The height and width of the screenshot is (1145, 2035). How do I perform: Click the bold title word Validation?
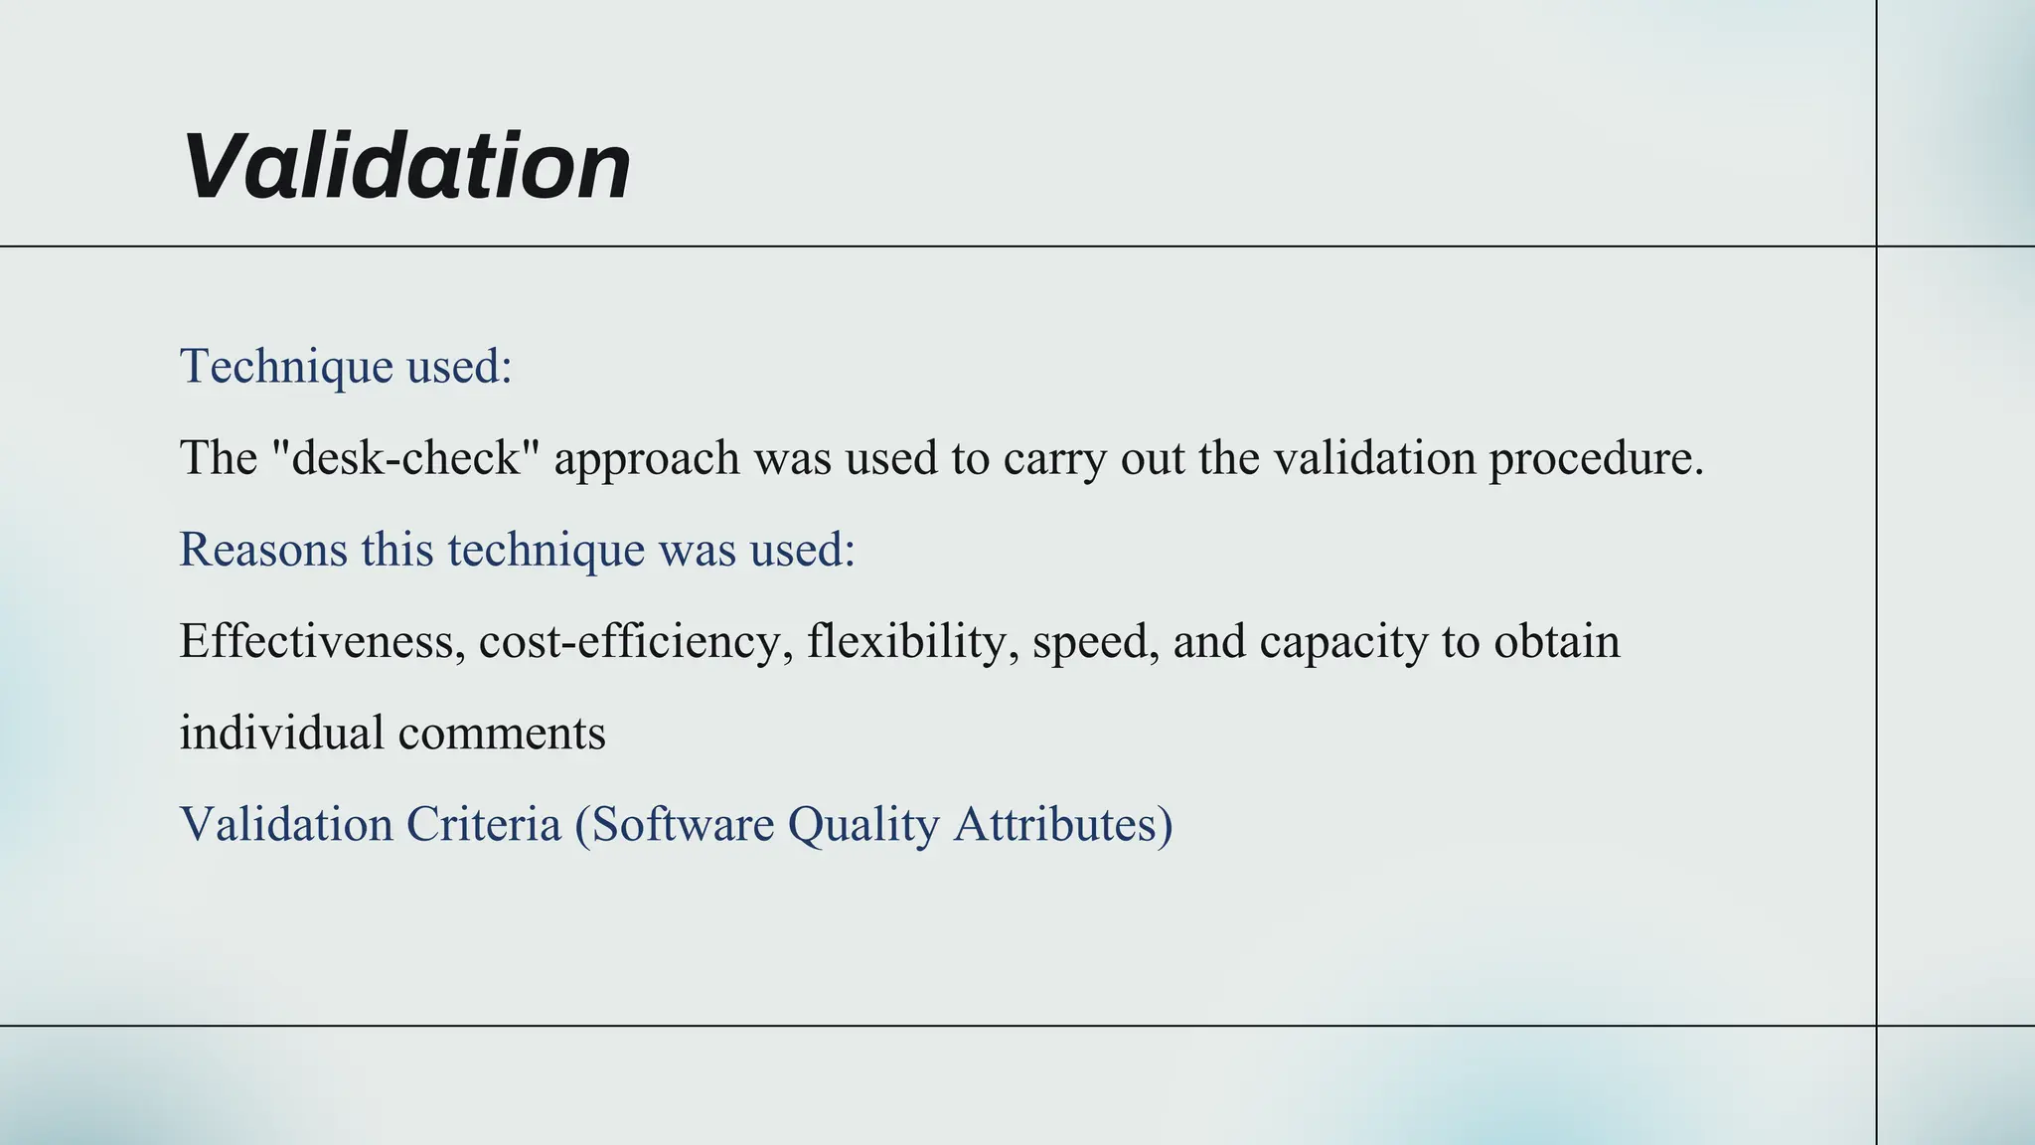click(406, 166)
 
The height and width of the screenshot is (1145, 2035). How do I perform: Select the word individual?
click(281, 733)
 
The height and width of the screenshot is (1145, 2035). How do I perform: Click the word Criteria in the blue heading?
click(484, 824)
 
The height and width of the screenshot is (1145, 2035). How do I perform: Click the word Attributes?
click(1061, 824)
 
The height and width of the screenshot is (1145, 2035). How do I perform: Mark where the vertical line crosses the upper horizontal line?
click(1876, 245)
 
